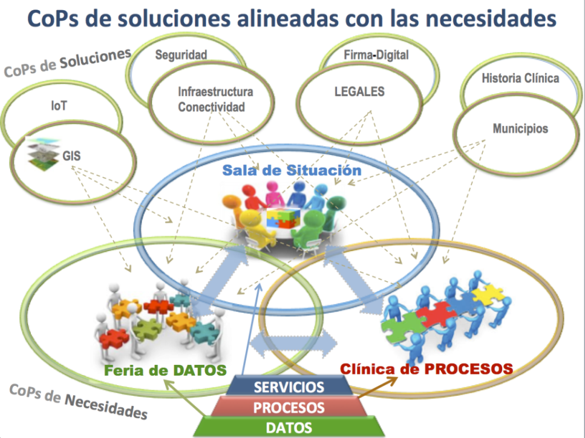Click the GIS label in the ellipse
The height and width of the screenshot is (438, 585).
(71, 155)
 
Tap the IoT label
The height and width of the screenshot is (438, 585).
(59, 106)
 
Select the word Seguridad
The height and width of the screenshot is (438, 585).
(181, 55)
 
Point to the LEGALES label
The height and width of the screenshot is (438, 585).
(359, 91)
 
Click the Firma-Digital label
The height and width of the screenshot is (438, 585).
(376, 55)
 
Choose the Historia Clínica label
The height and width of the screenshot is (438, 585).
(520, 78)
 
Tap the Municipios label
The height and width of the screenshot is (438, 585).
(520, 129)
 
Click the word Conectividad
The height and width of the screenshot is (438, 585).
(212, 107)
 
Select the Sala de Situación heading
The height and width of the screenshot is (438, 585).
(292, 170)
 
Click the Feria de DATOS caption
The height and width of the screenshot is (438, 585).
(165, 370)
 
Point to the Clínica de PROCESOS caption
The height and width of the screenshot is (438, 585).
(426, 369)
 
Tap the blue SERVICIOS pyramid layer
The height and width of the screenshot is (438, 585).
(289, 387)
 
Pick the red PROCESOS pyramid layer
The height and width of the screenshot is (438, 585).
(289, 407)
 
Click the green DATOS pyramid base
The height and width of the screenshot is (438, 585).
(289, 427)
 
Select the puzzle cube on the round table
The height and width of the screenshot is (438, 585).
(284, 218)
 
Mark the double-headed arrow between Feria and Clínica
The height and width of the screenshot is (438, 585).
(293, 343)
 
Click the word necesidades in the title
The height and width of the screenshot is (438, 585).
(491, 19)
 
